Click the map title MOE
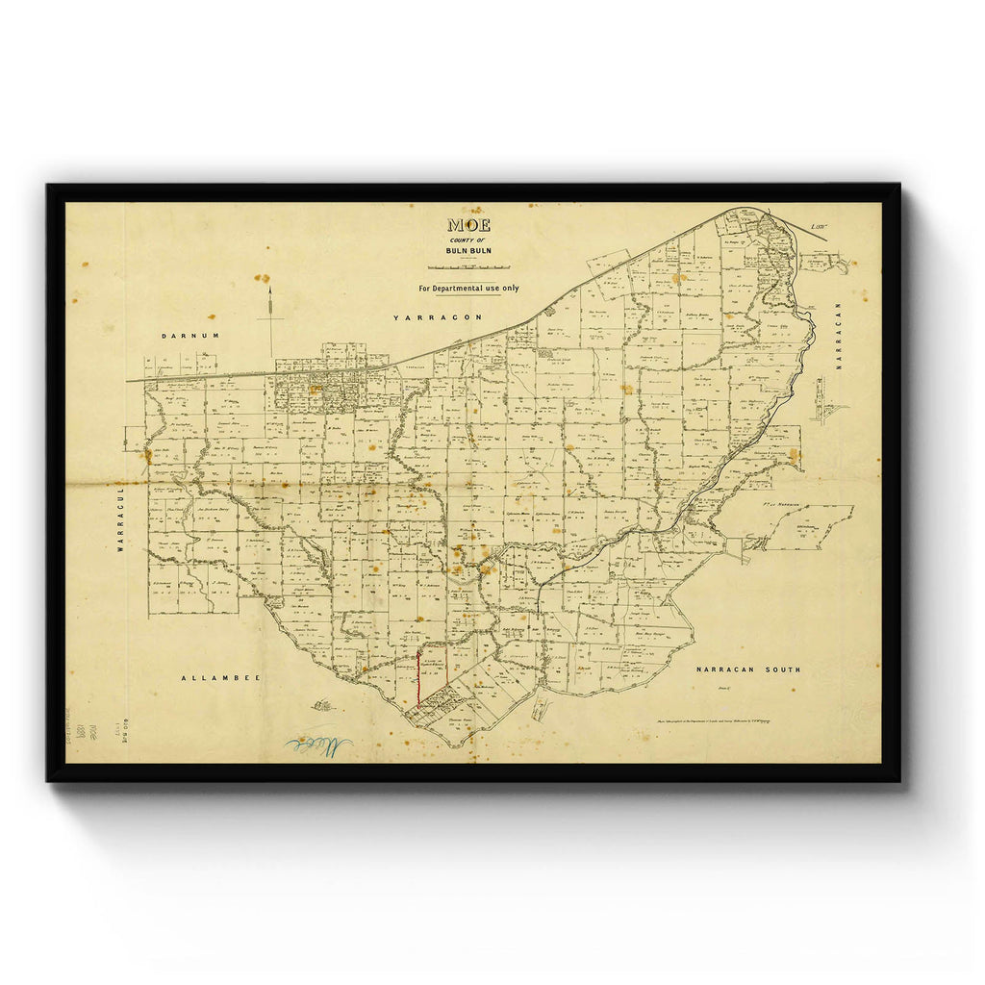pyautogui.click(x=468, y=225)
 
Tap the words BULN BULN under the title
pyautogui.click(x=468, y=252)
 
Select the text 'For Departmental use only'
pyautogui.click(x=468, y=288)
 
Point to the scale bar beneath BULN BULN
pyautogui.click(x=468, y=266)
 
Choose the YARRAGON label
pyautogui.click(x=429, y=316)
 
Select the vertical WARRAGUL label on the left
pyautogui.click(x=121, y=522)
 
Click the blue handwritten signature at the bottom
pyautogui.click(x=317, y=745)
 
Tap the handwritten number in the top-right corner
pyautogui.click(x=819, y=227)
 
